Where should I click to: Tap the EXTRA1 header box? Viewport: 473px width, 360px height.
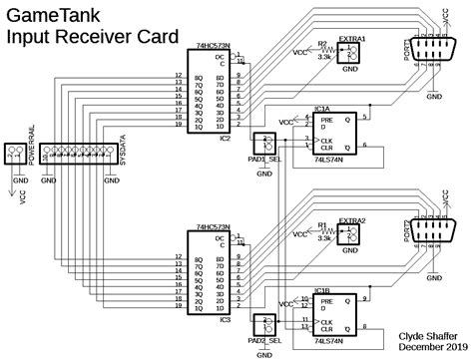(x=350, y=57)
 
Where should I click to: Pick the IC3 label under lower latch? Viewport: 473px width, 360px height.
(x=226, y=320)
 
